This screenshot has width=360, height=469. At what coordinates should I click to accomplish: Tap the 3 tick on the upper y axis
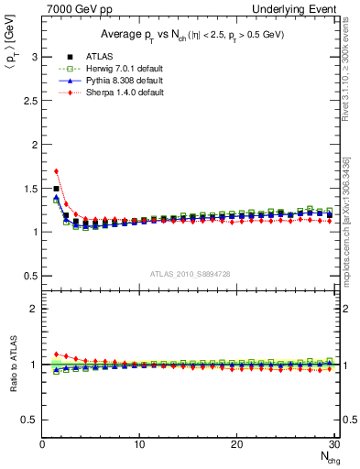[33, 57]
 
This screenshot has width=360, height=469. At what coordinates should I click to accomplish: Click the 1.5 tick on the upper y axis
[29, 188]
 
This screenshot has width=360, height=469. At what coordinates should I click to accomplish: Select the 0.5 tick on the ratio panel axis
[29, 420]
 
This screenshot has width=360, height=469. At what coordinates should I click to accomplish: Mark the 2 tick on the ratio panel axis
[33, 309]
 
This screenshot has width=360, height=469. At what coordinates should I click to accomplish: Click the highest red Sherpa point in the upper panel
[57, 170]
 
